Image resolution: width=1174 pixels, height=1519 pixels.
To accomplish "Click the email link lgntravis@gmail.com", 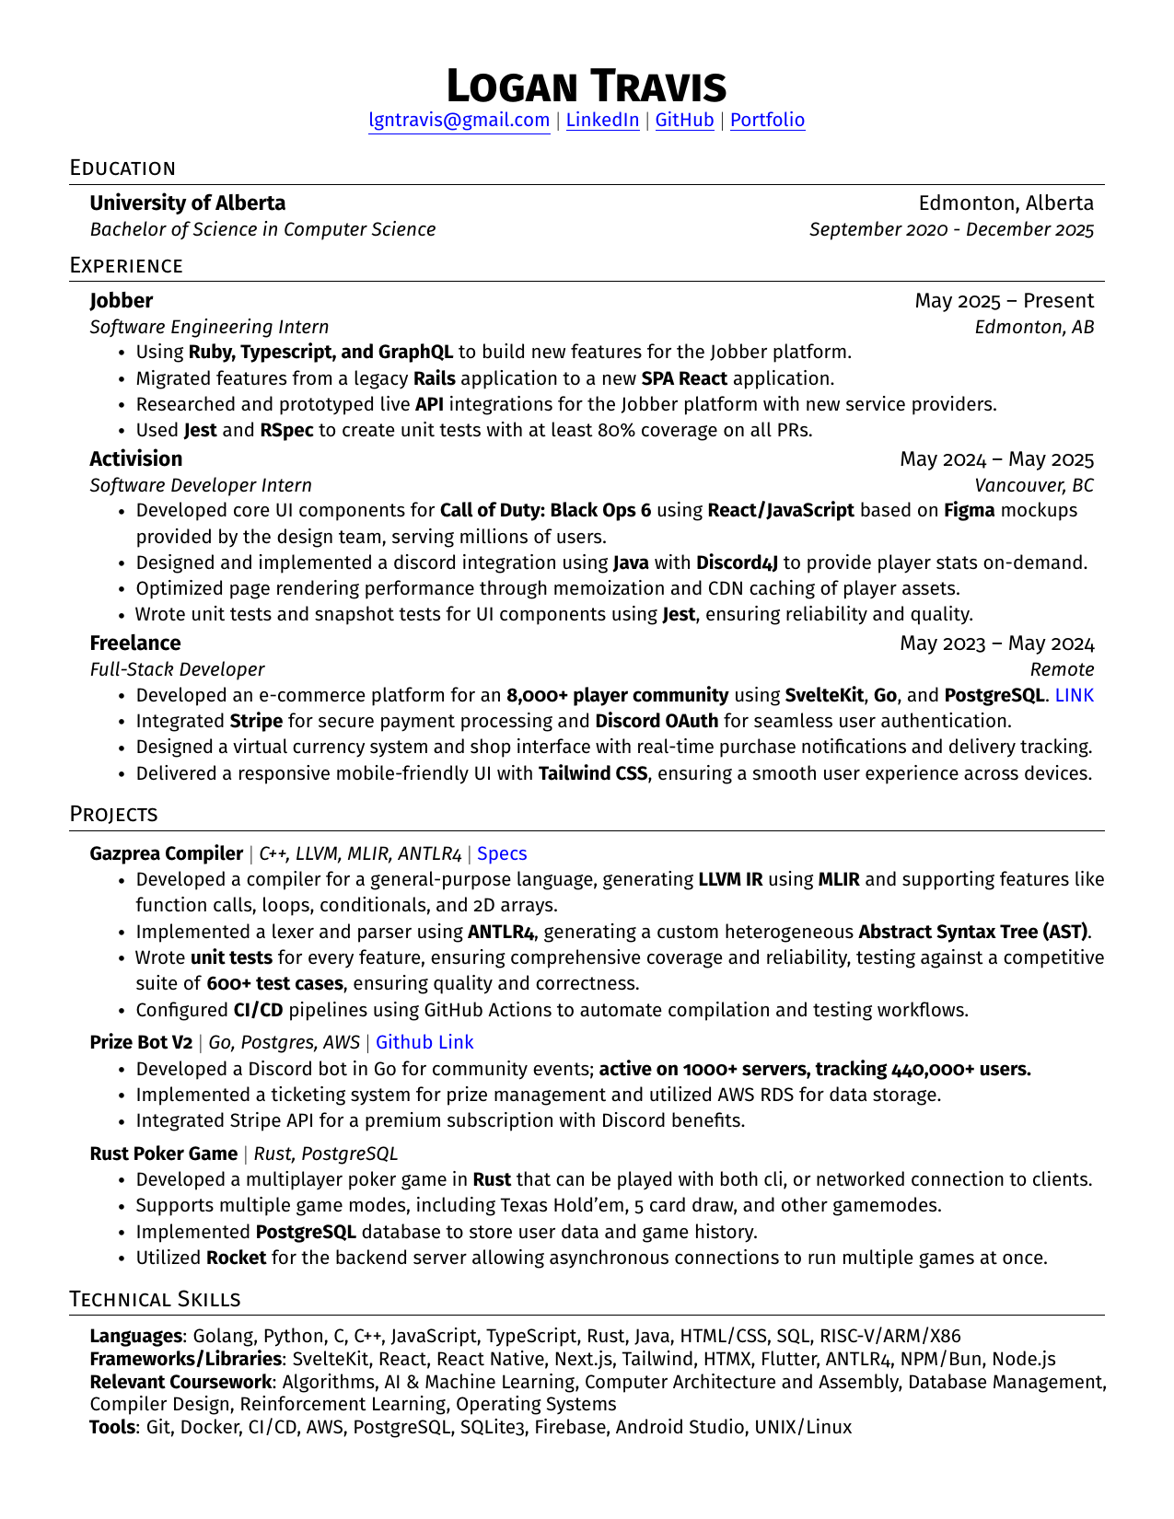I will [459, 121].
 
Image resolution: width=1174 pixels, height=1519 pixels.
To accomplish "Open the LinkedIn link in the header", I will [602, 121].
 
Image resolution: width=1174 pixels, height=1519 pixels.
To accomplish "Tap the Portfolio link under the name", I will [767, 121].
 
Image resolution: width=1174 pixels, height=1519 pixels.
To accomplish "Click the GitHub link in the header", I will [684, 121].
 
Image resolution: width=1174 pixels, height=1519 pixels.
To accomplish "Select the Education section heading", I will [122, 168].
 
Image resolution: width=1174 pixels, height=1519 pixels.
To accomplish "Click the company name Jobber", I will [121, 301].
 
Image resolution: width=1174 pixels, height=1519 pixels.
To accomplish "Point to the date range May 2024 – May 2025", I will [996, 459].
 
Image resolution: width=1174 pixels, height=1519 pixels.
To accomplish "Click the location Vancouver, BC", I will [1034, 485].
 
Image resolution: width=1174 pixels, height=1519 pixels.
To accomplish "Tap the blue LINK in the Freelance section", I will [1074, 695].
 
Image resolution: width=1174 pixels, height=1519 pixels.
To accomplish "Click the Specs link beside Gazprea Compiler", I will [502, 854].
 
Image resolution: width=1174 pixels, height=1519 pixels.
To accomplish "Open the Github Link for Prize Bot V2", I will [424, 1042].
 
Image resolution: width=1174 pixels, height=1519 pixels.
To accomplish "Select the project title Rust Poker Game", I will [163, 1154].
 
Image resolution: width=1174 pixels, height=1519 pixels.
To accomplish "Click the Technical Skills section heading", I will [155, 1299].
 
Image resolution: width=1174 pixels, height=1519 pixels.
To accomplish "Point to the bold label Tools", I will [112, 1427].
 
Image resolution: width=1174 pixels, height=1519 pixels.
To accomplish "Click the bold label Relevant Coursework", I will [180, 1382].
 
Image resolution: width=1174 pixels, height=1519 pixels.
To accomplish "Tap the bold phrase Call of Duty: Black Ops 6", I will [545, 511].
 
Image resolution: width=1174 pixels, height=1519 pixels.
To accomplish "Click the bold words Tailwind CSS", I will [592, 773].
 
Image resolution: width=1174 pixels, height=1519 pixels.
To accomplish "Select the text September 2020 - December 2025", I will [951, 229].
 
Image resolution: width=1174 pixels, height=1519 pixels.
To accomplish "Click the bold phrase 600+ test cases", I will [274, 983].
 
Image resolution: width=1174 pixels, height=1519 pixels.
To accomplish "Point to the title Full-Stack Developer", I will [177, 669].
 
